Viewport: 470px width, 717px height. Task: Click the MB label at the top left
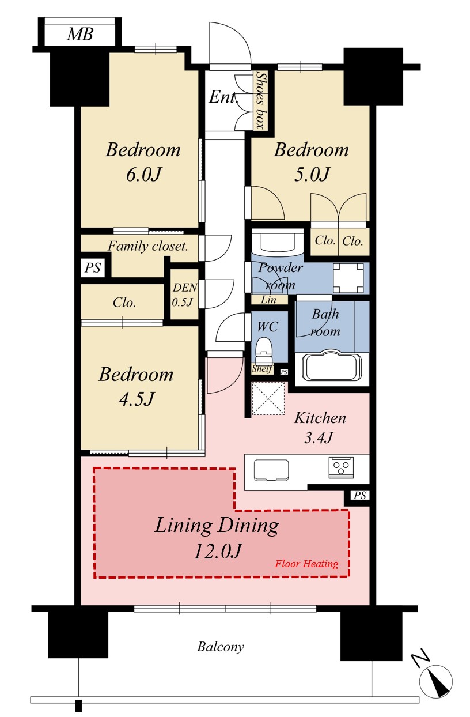(80, 34)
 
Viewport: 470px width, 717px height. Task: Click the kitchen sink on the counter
(271, 470)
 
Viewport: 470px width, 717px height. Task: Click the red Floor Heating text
(306, 563)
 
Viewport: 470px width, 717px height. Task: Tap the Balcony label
(221, 647)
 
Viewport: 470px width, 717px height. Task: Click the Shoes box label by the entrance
(261, 100)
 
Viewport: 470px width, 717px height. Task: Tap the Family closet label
(147, 246)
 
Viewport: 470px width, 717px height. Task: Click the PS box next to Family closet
(93, 267)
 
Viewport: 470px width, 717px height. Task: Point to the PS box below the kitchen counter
(359, 496)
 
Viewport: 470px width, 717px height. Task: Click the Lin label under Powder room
(268, 300)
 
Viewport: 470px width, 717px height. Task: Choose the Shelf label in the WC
(262, 369)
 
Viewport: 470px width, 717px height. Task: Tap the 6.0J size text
(143, 175)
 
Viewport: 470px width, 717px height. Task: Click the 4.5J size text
(137, 399)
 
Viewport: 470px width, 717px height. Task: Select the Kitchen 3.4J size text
(319, 437)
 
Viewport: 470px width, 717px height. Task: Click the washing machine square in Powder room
(348, 278)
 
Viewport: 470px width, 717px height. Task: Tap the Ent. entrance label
(223, 97)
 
